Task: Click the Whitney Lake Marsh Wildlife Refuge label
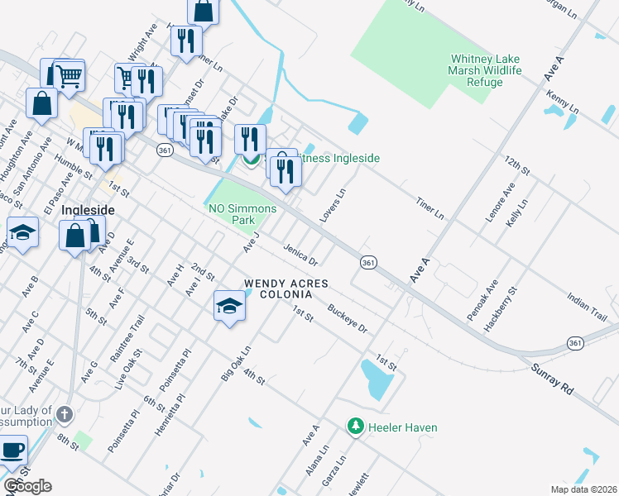coord(486,70)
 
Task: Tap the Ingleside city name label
coord(87,210)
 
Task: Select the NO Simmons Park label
coord(242,215)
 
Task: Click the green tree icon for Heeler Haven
coord(356,427)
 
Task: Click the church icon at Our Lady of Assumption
coord(65,413)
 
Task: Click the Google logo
coord(28,486)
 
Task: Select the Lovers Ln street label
coord(333,205)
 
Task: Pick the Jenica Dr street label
coord(300,255)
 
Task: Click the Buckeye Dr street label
coord(347,317)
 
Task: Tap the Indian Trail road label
coord(587,307)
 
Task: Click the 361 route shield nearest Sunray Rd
coord(575,342)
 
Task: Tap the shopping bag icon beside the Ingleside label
coord(74,236)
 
